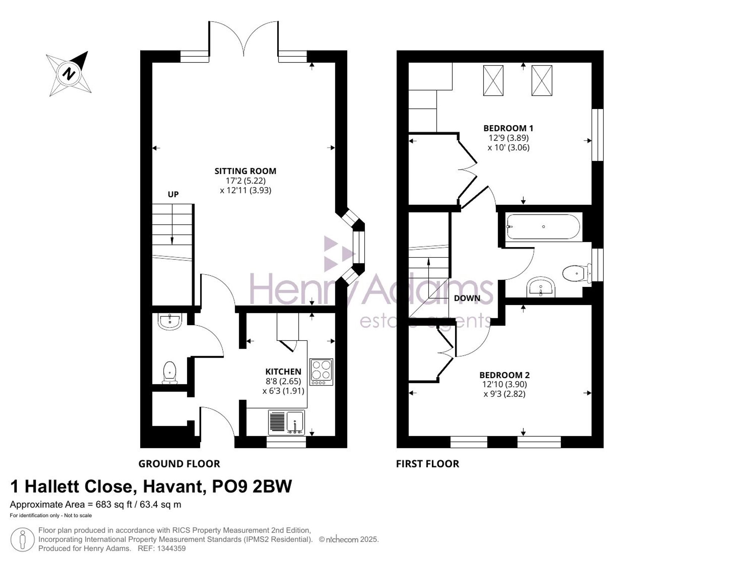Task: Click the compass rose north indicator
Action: coord(69,73)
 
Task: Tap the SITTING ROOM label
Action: coord(246,171)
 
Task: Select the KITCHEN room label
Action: coord(283,371)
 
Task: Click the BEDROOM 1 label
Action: coord(508,128)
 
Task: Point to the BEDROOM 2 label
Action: coord(504,375)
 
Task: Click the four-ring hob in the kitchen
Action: coord(321,372)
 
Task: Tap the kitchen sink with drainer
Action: coord(286,422)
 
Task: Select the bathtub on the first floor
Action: coord(543,227)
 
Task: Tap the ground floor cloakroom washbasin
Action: coord(170,322)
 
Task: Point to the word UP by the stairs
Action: coord(173,194)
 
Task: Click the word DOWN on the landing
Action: coord(467,298)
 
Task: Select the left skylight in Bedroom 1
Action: coord(493,80)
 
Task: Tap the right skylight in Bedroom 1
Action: coord(542,80)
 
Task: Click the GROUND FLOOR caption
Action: coord(179,464)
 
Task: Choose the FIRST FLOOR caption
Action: coord(427,464)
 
